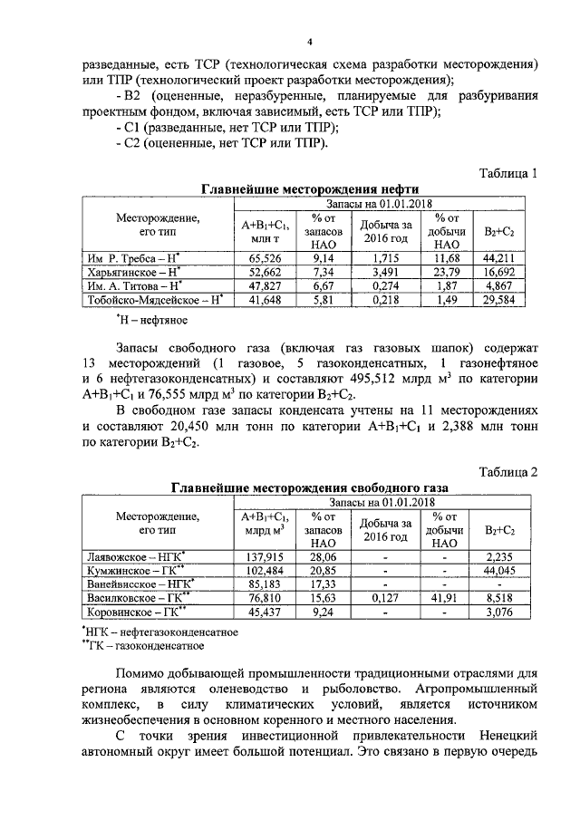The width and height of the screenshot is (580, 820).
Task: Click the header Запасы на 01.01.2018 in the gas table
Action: tap(382, 501)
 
